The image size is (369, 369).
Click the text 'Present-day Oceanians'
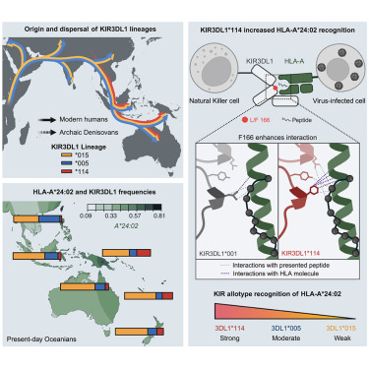44,340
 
